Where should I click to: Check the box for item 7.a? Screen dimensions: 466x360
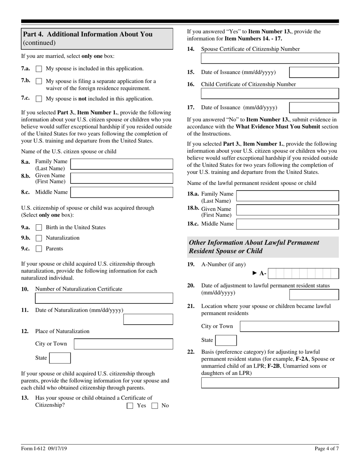[x=39, y=69]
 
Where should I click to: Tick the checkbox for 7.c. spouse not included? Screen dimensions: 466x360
[x=39, y=99]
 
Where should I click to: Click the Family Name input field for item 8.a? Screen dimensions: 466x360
[x=122, y=164]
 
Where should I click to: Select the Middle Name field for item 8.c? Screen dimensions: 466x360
[x=122, y=192]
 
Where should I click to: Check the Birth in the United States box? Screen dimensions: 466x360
[x=39, y=228]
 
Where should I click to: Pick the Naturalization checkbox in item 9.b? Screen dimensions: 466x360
[x=39, y=238]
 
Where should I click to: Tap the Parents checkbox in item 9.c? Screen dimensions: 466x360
[x=39, y=249]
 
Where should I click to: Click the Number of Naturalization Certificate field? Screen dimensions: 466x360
[x=104, y=298]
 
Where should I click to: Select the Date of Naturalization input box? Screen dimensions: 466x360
[x=148, y=319]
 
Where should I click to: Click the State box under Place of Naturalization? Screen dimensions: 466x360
[x=60, y=358]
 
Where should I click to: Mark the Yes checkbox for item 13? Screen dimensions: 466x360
[x=130, y=406]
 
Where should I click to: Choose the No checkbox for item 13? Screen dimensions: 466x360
[x=155, y=406]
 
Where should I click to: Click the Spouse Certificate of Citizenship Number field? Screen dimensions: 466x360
[x=269, y=58]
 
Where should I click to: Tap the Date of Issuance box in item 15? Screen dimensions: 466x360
[x=314, y=72]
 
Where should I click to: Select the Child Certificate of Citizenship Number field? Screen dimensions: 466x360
[x=269, y=94]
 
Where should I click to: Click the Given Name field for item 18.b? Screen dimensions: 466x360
[x=287, y=210]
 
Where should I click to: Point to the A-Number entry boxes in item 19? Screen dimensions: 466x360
[x=305, y=274]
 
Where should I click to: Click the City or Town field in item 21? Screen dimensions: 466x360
[x=290, y=326]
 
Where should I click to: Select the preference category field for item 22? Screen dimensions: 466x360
[x=269, y=383]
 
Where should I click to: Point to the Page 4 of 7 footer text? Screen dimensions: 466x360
[x=327, y=449]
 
